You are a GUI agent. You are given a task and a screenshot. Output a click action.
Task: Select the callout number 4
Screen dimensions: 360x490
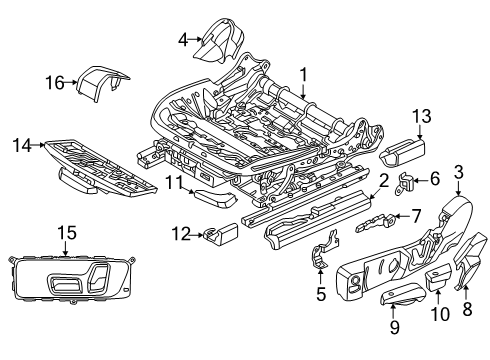coord(182,40)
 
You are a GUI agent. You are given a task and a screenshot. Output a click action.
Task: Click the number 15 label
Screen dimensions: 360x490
coord(66,232)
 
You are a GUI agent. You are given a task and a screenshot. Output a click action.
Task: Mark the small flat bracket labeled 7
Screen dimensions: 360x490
coord(373,222)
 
